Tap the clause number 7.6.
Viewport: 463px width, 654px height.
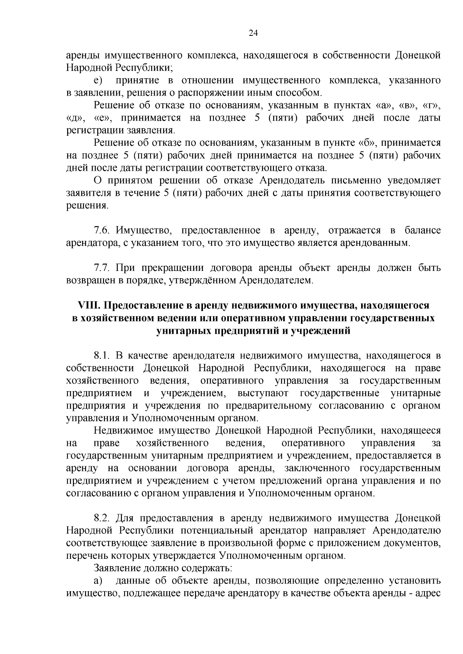coord(102,230)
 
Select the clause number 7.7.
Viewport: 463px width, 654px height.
coord(102,267)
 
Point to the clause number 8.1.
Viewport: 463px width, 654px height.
coord(102,356)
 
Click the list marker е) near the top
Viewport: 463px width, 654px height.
coord(98,81)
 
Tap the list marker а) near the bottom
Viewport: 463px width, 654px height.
coord(98,580)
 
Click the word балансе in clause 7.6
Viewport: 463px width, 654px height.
coord(422,230)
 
